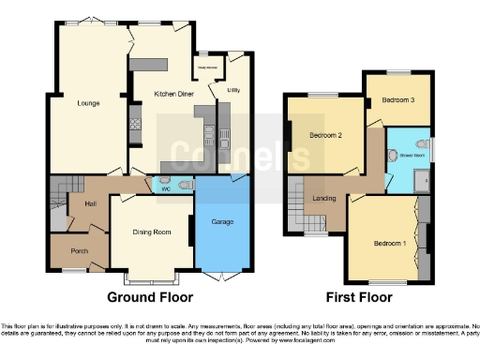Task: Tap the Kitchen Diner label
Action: pos(174,94)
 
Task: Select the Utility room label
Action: pos(233,90)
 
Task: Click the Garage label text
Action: pos(221,222)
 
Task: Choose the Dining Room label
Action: pos(149,232)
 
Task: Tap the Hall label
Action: pos(91,203)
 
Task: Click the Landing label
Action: pos(324,198)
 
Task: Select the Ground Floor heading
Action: pos(149,297)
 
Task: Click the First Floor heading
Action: pos(357,297)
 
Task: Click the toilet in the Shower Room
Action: pos(392,156)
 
